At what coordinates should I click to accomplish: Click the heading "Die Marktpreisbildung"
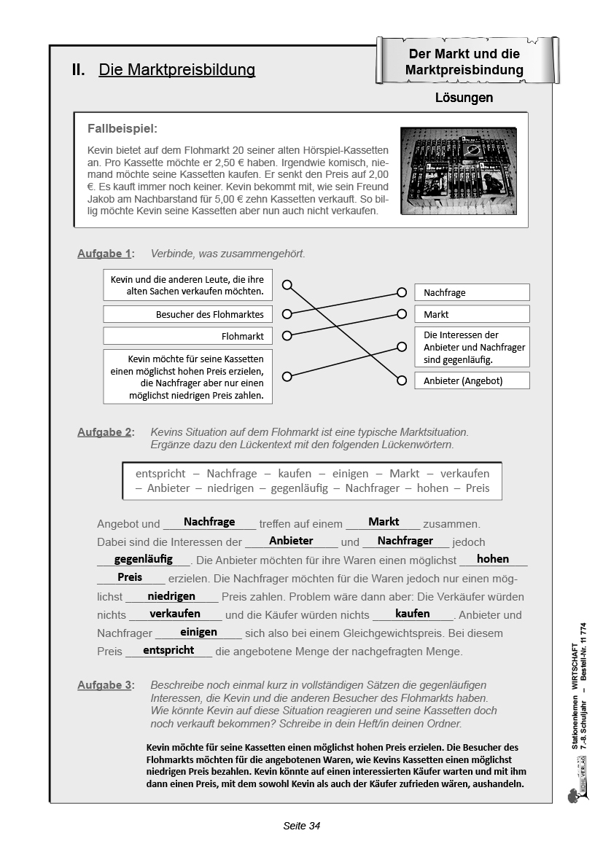pos(176,70)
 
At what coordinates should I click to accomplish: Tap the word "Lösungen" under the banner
pos(464,98)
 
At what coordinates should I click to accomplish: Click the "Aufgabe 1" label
pos(105,254)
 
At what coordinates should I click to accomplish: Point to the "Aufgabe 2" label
pos(105,432)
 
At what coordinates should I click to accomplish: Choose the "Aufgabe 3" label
pos(105,685)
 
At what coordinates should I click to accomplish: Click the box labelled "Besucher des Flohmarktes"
pos(184,315)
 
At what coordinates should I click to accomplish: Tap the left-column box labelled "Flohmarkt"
pos(184,336)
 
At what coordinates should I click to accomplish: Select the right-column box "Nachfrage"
pos(472,292)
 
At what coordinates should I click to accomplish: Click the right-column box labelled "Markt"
pos(472,314)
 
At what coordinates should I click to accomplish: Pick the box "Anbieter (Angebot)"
pos(472,380)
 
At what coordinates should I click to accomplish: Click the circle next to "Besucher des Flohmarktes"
pos(287,315)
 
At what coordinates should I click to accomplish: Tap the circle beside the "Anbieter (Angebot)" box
pos(401,380)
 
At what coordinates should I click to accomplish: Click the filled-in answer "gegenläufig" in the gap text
pos(144,559)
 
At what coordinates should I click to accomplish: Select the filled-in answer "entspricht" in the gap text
pos(168,650)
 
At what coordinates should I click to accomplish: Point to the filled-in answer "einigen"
pos(198,632)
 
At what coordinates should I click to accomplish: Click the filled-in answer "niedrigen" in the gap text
pos(171,595)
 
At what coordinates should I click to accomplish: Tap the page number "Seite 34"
pos(301,826)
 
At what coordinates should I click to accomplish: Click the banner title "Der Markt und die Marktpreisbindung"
pos(464,62)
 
